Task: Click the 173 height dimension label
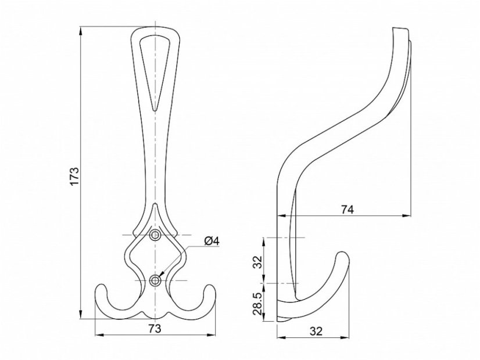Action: tap(74, 176)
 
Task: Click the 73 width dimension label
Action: tap(155, 329)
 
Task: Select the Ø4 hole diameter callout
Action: tap(212, 241)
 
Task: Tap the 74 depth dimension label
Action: tap(348, 210)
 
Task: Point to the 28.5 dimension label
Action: tap(258, 304)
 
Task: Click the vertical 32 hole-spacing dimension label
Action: tap(259, 261)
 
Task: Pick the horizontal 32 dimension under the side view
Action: tap(316, 331)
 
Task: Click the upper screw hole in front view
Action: tap(155, 235)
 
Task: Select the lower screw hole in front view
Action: tap(155, 280)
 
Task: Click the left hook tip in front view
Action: tap(101, 287)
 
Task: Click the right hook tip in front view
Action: tap(210, 287)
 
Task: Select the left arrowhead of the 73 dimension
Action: tap(99, 334)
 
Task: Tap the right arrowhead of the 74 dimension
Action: tap(407, 216)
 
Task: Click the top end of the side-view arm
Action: tap(400, 28)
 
